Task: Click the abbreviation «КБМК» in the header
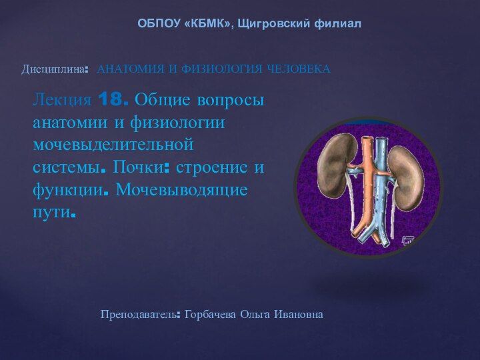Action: pyautogui.click(x=207, y=23)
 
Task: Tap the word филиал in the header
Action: pyautogui.click(x=337, y=23)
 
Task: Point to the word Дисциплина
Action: pyautogui.click(x=53, y=69)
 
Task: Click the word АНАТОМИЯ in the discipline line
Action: pyautogui.click(x=131, y=69)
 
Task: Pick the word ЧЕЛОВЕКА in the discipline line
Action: pyautogui.click(x=299, y=69)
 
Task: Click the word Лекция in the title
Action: pyautogui.click(x=63, y=100)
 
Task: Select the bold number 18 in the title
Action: pyautogui.click(x=111, y=99)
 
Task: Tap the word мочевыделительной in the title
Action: pyautogui.click(x=113, y=144)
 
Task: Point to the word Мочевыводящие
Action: pyautogui.click(x=181, y=190)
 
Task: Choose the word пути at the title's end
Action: pyautogui.click(x=52, y=212)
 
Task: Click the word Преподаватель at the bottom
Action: pyautogui.click(x=139, y=315)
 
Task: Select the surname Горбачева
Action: pyautogui.click(x=210, y=315)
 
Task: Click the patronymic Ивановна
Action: pyautogui.click(x=299, y=315)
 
